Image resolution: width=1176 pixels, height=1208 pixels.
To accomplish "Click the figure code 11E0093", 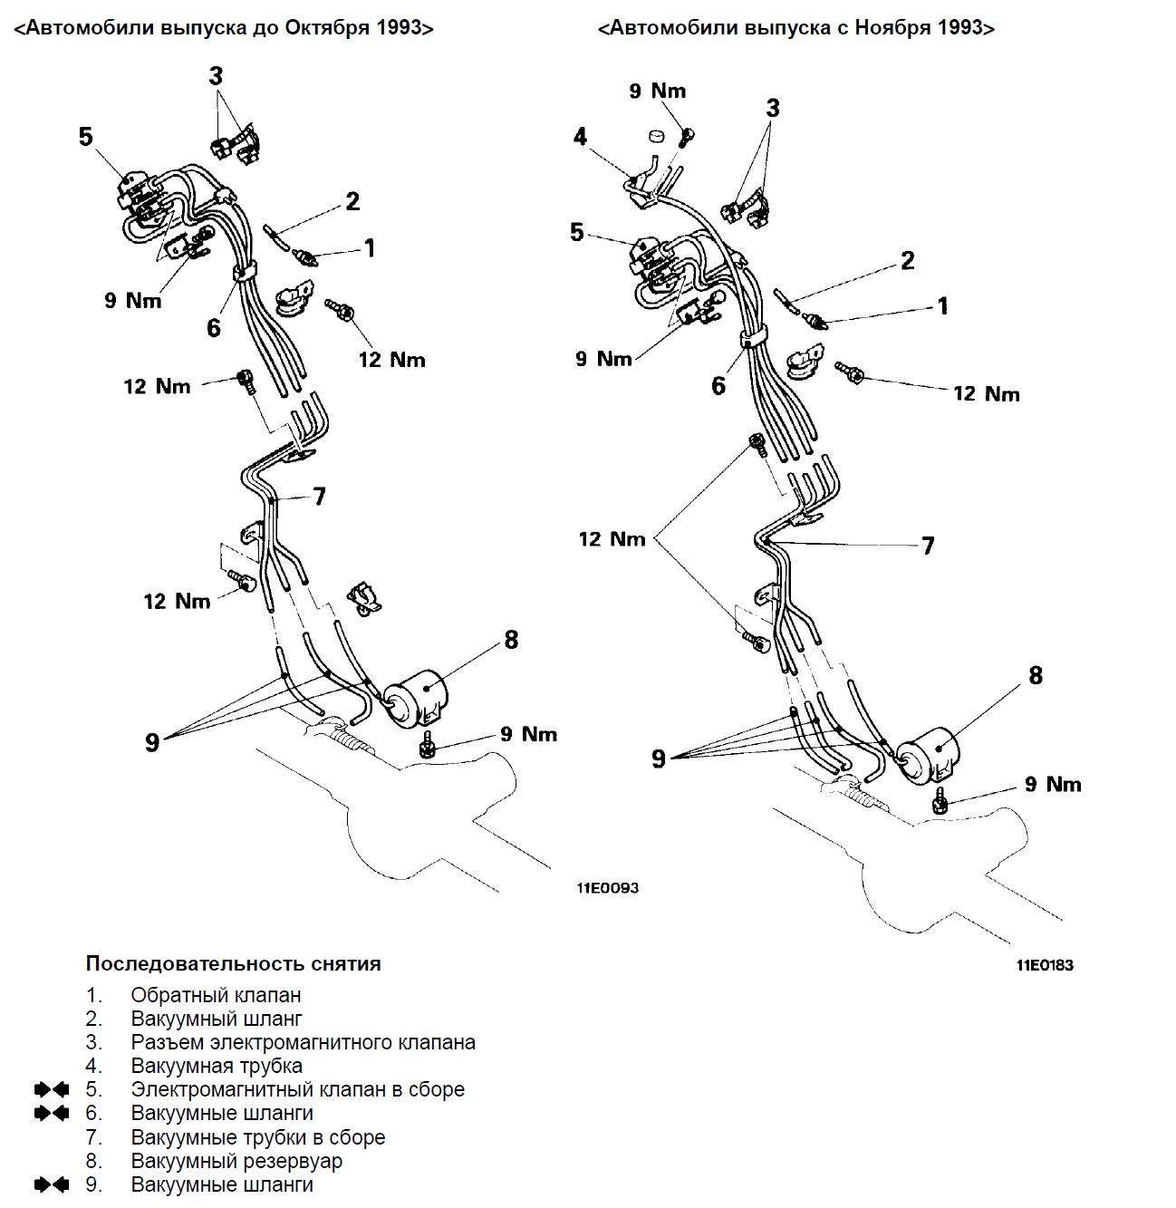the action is click(607, 888).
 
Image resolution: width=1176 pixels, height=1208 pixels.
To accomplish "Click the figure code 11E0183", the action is click(1045, 964).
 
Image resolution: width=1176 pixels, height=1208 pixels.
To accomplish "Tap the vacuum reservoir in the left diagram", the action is click(415, 699).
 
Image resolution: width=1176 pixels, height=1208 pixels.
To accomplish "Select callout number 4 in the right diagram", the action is click(580, 136).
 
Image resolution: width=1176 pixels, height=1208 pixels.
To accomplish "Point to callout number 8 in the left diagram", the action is click(511, 640).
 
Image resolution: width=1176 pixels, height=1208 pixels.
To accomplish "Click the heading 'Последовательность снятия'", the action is click(234, 963).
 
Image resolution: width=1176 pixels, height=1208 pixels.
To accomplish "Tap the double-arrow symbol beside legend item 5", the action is click(52, 1089).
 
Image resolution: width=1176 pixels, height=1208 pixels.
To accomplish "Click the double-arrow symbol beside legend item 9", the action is click(52, 1184).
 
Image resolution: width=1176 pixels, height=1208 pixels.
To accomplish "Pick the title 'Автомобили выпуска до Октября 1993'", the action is click(224, 28).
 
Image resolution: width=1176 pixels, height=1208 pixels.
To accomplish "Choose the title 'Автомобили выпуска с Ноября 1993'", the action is click(796, 28).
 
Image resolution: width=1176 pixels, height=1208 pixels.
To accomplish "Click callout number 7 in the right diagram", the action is click(927, 546).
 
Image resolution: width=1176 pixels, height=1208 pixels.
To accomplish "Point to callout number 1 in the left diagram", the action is click(370, 248).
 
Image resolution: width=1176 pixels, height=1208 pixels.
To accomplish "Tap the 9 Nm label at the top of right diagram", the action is click(657, 92).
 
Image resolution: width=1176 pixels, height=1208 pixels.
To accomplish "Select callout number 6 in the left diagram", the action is click(214, 327).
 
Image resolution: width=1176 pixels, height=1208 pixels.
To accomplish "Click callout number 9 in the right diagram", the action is click(659, 758).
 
